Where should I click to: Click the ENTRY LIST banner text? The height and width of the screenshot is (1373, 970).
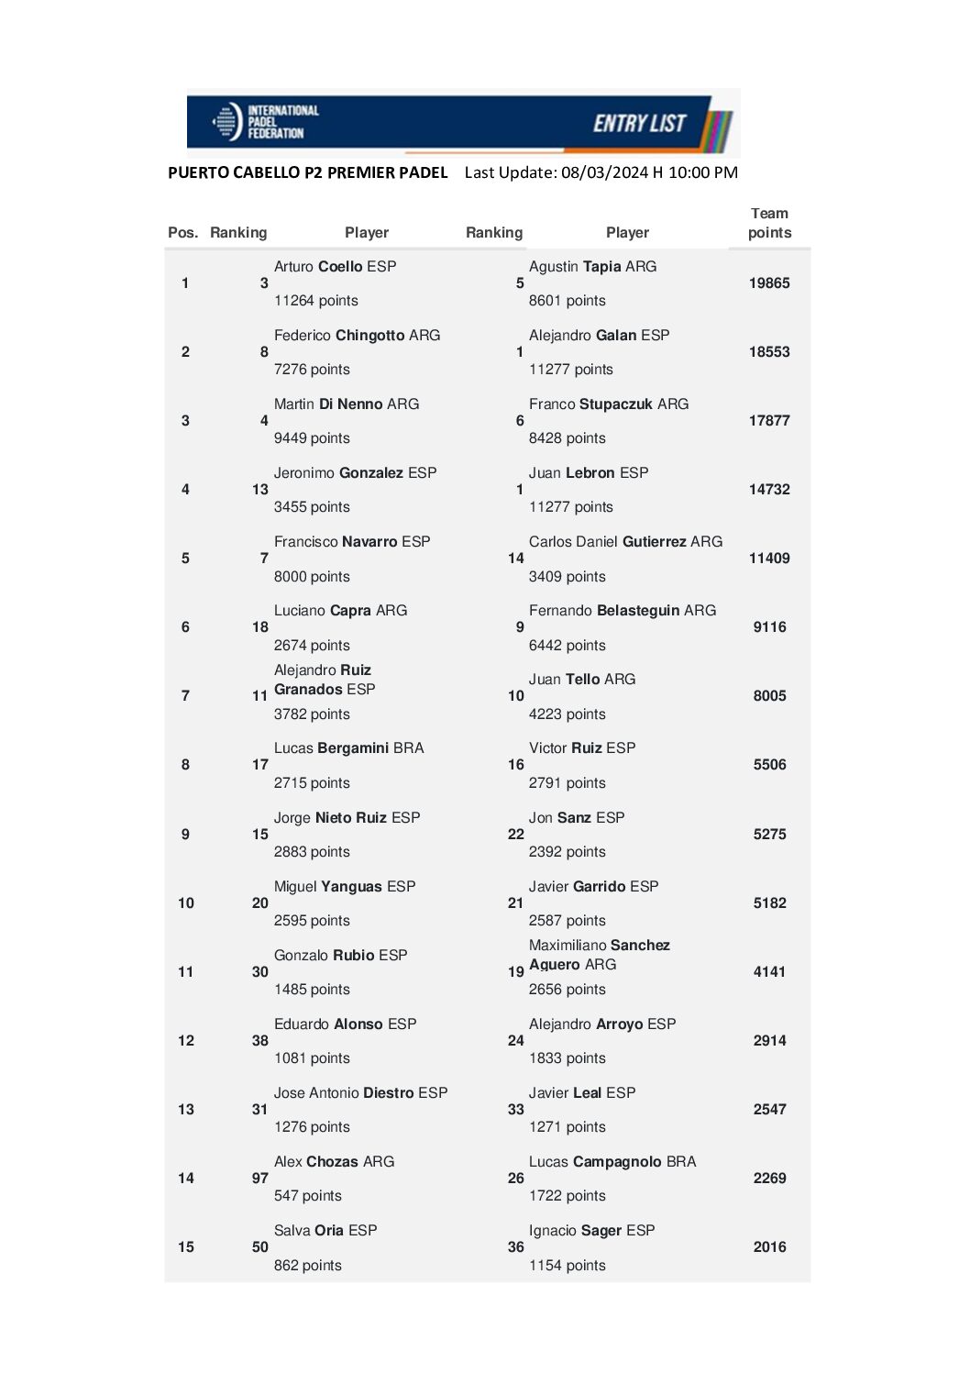639,124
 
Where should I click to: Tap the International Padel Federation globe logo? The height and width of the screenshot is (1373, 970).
226,122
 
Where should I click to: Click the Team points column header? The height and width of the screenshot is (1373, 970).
769,223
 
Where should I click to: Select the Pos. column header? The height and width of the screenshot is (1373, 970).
182,233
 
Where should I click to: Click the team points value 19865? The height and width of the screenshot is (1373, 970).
769,283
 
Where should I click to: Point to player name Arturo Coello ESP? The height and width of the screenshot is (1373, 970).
335,267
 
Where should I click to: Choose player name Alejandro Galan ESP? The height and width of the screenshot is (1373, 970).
599,336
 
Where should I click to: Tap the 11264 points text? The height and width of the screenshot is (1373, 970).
315,301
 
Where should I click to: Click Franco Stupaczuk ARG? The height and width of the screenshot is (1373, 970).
608,404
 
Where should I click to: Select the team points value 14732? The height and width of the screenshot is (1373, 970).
769,490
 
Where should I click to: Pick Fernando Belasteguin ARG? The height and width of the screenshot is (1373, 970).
622,611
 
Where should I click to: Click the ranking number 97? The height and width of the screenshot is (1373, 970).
260,1179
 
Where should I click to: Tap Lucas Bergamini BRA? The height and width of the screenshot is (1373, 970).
348,748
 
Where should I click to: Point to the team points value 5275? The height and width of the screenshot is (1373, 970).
769,835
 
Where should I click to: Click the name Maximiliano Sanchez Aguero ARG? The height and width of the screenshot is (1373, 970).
599,955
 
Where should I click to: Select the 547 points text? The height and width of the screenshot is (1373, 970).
307,1196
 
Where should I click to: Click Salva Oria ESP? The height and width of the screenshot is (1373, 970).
325,1231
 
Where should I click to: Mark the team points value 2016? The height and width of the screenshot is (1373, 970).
769,1247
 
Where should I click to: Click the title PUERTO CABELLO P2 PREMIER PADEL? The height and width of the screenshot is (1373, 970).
307,172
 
